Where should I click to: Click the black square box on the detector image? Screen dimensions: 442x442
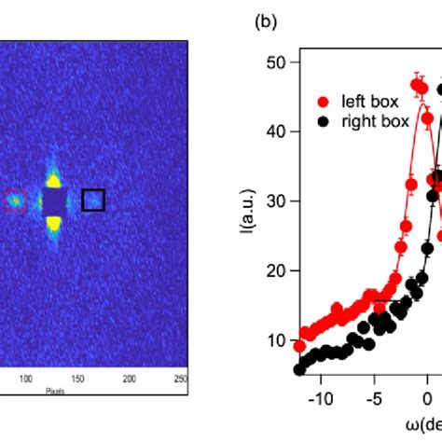(93, 200)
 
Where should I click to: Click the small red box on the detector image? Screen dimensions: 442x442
(15, 200)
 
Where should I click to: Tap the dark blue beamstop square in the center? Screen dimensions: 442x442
(54, 200)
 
